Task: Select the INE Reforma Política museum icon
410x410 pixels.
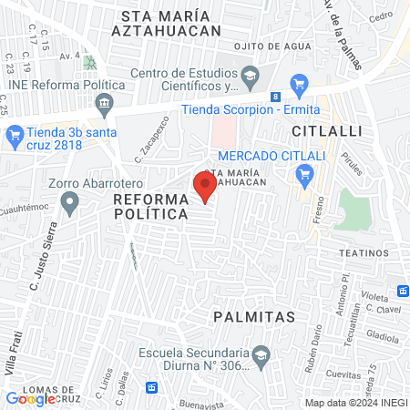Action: [106, 100]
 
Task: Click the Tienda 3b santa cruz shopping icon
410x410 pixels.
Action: [14, 137]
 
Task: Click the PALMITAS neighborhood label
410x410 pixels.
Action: [255, 317]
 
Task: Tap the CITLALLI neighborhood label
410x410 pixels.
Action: [321, 132]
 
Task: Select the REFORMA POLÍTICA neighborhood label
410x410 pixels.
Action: [150, 205]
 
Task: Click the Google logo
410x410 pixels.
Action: [30, 398]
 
